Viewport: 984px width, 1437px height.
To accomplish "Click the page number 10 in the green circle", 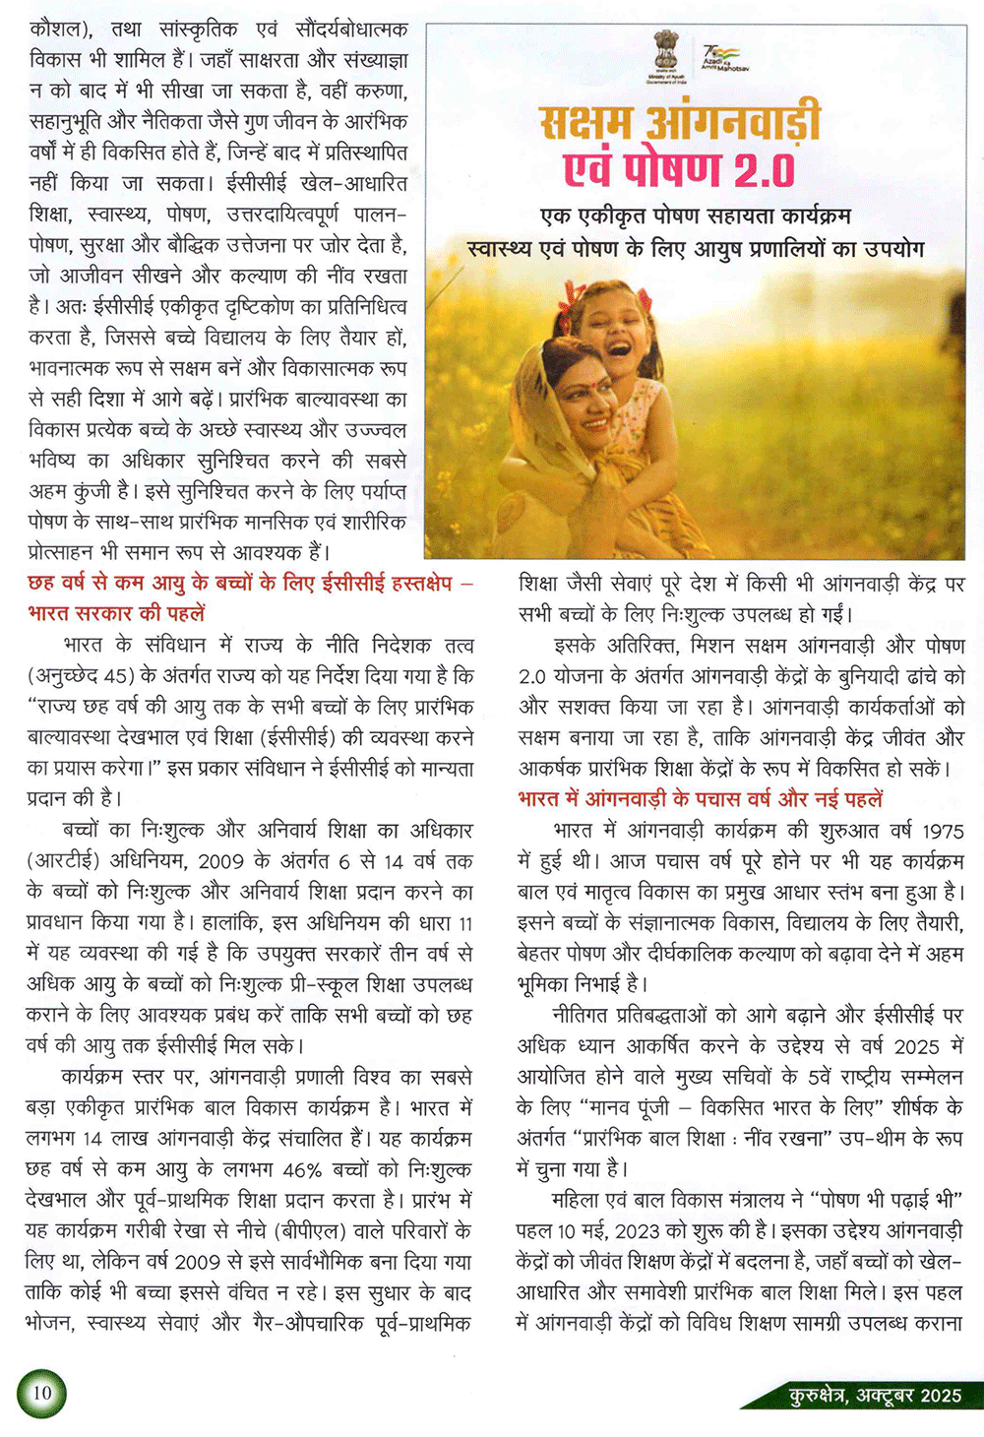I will tap(41, 1393).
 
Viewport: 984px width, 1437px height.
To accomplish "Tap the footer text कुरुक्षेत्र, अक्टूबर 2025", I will tap(875, 1394).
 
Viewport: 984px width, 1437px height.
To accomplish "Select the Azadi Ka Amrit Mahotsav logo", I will tap(724, 58).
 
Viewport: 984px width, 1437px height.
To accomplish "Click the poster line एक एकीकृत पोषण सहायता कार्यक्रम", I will tap(696, 216).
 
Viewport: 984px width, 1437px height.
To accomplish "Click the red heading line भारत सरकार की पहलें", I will tap(116, 612).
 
